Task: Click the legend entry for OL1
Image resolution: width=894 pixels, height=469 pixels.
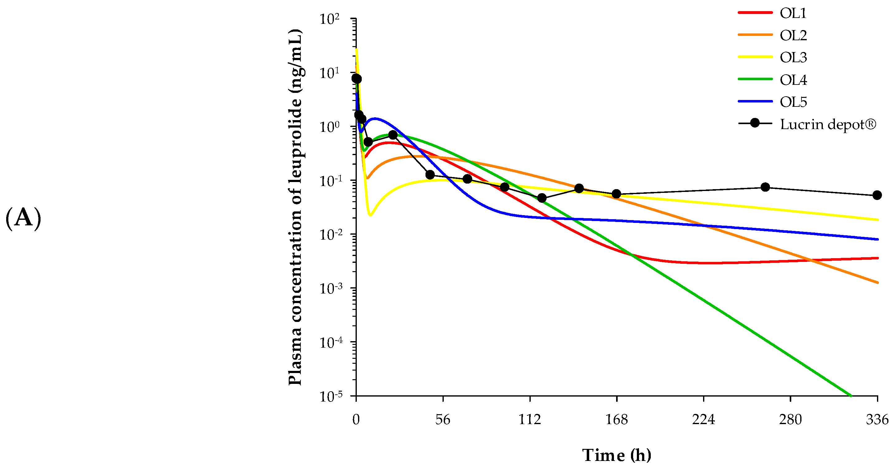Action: point(793,13)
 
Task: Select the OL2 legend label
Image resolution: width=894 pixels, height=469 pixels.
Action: point(793,35)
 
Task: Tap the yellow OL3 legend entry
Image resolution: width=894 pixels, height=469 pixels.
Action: point(793,58)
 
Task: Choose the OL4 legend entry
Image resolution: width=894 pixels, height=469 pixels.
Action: point(793,80)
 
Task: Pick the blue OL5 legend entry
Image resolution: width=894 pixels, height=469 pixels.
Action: point(793,102)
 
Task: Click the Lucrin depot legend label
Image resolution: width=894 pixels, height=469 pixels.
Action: point(828,124)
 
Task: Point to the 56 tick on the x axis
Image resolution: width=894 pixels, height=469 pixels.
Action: point(443,420)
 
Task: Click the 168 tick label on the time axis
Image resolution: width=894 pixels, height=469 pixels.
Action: point(617,420)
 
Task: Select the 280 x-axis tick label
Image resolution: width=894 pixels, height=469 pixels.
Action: point(790,420)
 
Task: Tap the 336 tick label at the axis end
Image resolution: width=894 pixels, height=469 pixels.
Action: point(877,420)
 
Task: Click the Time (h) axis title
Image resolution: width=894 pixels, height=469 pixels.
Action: point(616,455)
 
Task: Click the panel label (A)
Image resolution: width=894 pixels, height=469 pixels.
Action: point(23,218)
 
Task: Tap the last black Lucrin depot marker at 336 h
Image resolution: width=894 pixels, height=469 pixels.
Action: point(877,195)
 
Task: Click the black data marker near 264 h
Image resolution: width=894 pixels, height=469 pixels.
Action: point(765,187)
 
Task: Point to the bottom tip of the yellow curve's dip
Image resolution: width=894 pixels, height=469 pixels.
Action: point(370,215)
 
